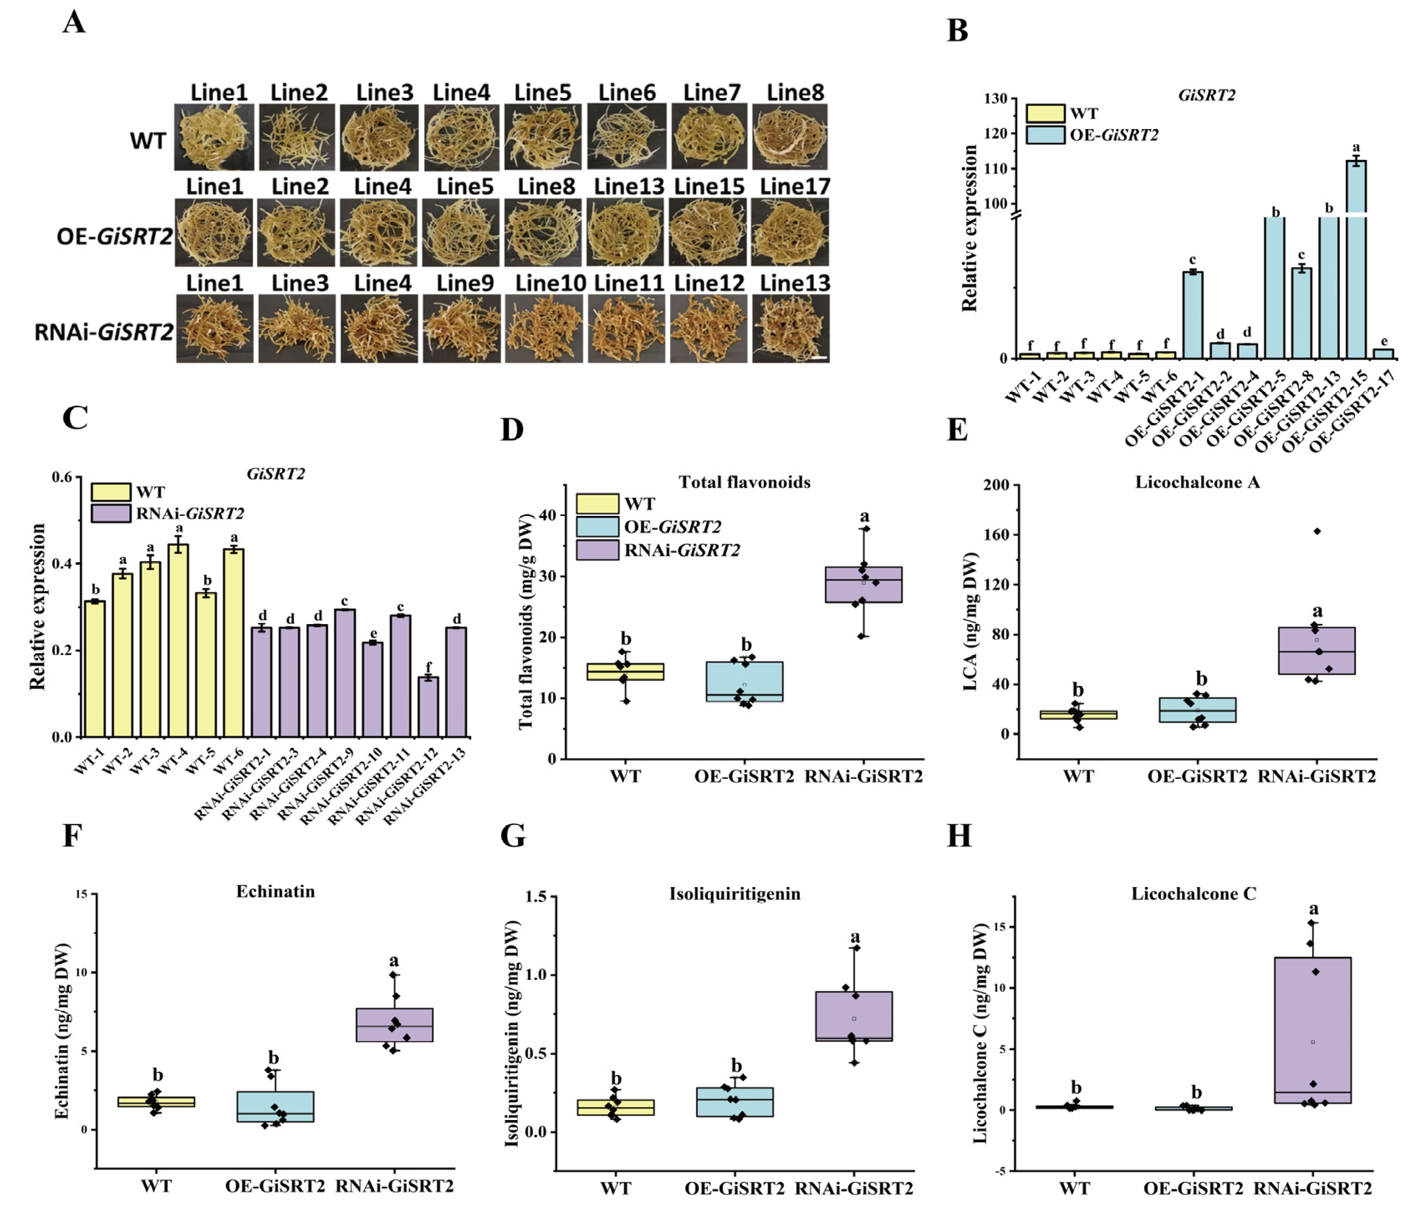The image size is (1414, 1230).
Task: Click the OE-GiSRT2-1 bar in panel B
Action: tap(1192, 316)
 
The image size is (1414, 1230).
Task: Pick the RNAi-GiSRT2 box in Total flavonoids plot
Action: tap(863, 585)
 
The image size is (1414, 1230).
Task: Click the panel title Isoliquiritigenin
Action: tap(735, 894)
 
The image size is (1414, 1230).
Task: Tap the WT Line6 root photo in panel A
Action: tap(626, 137)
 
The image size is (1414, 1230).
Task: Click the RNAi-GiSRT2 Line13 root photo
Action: tap(791, 329)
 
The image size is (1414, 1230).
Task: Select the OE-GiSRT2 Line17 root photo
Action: tap(791, 232)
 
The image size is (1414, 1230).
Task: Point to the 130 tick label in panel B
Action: tap(995, 99)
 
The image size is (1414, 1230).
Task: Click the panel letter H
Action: tap(959, 837)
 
